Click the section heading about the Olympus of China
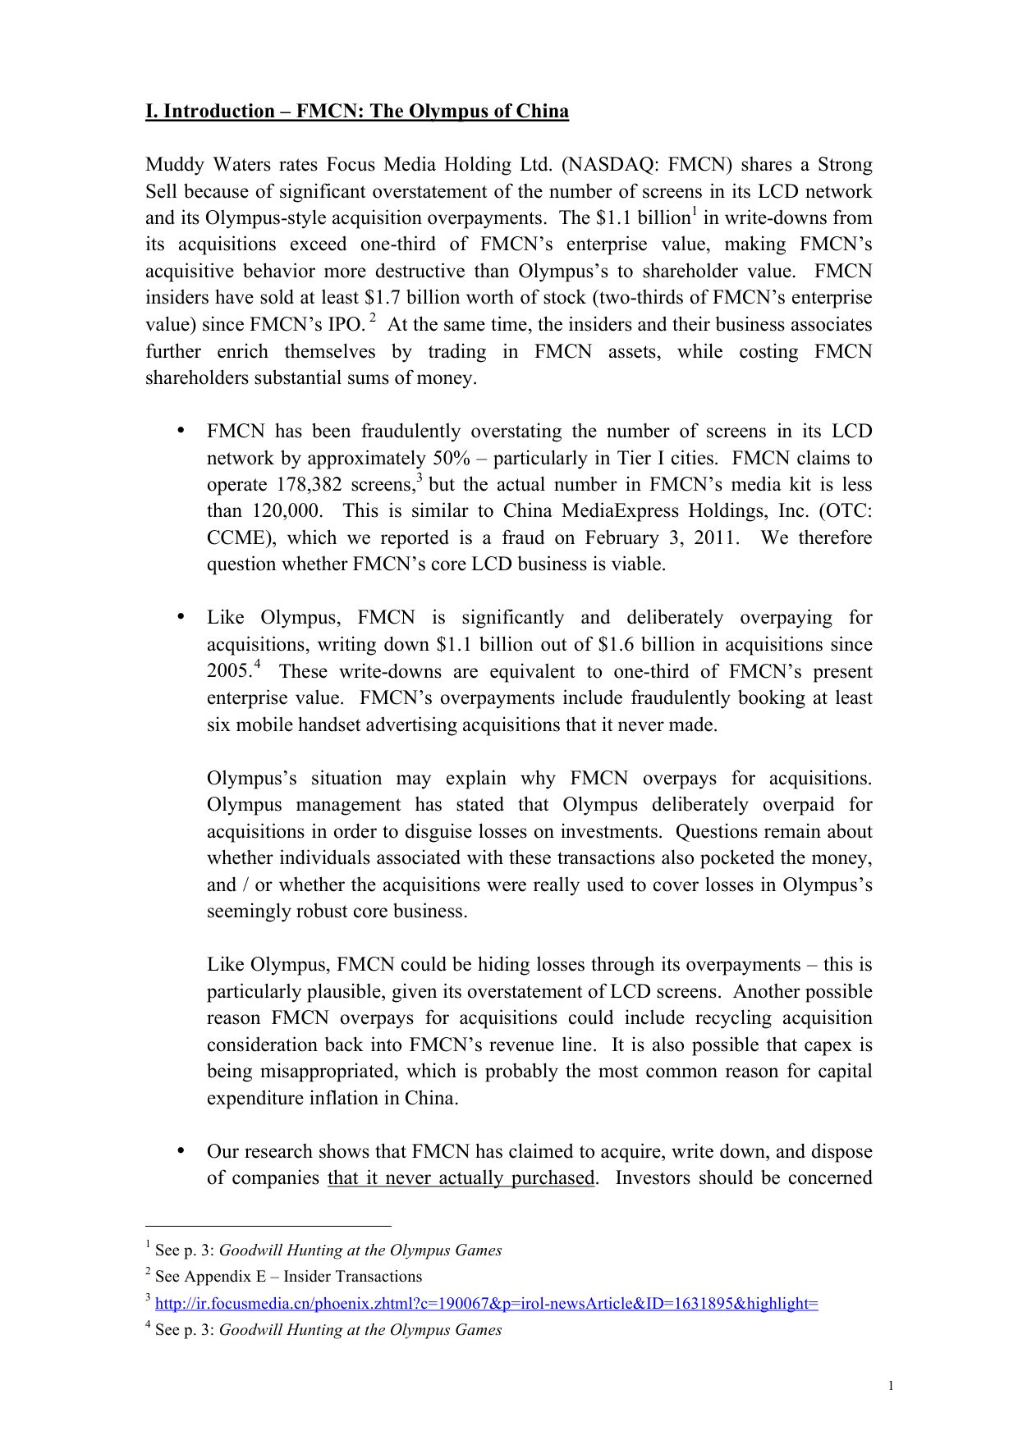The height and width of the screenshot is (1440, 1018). tap(356, 112)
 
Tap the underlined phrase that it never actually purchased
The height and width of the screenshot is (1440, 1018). tap(461, 1178)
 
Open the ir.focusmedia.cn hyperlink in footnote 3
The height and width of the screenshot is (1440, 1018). tap(486, 1304)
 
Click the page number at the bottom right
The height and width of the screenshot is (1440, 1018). tap(891, 1386)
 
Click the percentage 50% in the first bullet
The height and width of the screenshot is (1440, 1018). tap(450, 459)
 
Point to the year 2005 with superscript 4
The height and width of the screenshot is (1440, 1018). tap(227, 672)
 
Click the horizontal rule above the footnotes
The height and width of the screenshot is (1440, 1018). tap(268, 1226)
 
